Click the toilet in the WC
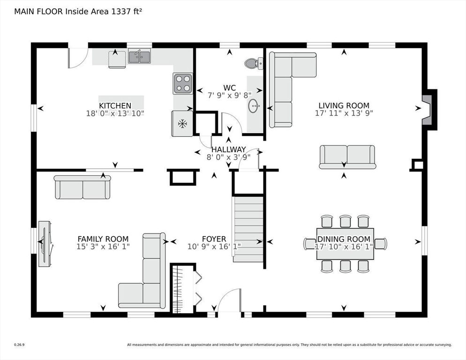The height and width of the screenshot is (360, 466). coord(254,63)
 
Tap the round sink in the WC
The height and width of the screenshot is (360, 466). coord(254,106)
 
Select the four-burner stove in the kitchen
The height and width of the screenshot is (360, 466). coord(183,83)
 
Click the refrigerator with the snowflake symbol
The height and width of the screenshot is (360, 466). coord(182,124)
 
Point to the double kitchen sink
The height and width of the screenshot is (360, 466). coord(139,56)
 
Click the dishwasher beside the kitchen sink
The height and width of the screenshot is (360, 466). coord(117,59)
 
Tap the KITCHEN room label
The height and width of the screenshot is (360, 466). coord(115,105)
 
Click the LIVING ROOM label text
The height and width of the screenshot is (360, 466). coord(344,105)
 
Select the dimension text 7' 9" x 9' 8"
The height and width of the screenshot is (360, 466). coord(229,96)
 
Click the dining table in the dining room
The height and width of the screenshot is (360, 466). coord(345,244)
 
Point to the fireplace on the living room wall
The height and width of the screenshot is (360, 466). coord(429,110)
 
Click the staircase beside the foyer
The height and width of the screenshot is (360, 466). coord(248,229)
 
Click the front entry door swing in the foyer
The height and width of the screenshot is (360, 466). coord(229,300)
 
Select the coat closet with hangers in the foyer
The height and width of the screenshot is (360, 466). coord(183,288)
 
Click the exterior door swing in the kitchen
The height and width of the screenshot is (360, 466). coord(78,58)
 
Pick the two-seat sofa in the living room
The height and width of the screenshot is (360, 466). coord(347,157)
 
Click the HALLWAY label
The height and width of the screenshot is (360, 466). coord(228,149)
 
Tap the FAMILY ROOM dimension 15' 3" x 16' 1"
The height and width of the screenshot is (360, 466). coord(103,247)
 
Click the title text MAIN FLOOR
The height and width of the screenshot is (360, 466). coord(38,12)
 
